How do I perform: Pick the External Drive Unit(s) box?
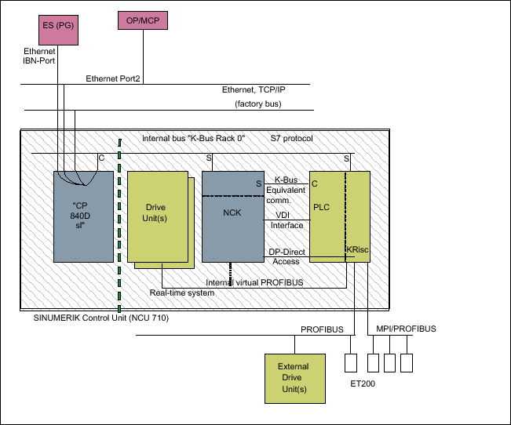click(x=293, y=377)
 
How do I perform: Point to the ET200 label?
click(x=362, y=385)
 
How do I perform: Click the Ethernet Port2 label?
click(x=112, y=78)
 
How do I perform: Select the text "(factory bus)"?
click(x=257, y=104)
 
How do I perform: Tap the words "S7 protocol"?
click(x=292, y=138)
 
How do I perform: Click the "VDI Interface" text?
click(x=287, y=220)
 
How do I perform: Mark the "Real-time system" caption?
click(x=182, y=292)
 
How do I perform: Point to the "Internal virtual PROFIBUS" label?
click(x=255, y=282)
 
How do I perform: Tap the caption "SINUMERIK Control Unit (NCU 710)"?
click(x=101, y=318)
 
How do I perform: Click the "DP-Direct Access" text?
click(x=286, y=256)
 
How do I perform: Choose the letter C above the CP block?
click(x=101, y=158)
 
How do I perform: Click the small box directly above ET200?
click(x=351, y=363)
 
